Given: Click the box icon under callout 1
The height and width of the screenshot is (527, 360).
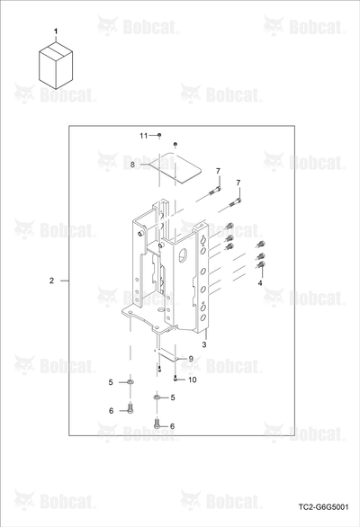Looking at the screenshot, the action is click(x=56, y=66).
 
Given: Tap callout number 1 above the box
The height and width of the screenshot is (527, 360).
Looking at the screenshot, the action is click(x=56, y=31).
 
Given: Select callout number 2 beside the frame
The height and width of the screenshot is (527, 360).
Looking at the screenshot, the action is click(x=51, y=281).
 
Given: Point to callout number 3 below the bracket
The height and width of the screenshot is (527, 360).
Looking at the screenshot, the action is click(x=204, y=344).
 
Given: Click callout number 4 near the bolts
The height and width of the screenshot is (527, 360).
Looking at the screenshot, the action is click(x=260, y=283).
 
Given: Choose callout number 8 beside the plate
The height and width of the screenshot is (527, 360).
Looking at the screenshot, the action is click(x=132, y=165).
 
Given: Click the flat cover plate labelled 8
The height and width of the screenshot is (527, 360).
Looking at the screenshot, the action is click(x=175, y=168).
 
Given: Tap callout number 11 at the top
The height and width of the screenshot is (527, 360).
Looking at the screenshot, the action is click(x=144, y=136).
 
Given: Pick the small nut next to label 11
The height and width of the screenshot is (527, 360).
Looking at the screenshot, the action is click(x=159, y=135).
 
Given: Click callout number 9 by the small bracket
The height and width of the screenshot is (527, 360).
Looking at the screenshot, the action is click(x=191, y=359).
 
